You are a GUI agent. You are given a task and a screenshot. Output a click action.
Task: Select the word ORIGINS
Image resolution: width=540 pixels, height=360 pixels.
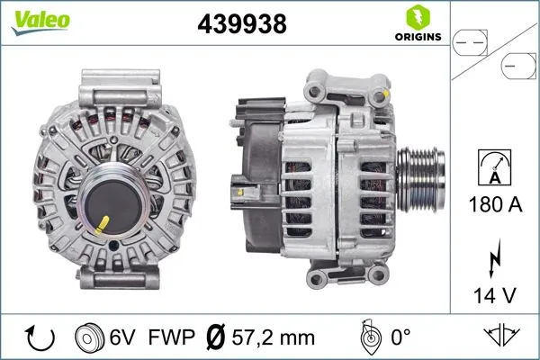[x=417, y=37]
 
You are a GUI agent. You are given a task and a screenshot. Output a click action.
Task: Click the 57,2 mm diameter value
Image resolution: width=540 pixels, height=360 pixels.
[x=273, y=337]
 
